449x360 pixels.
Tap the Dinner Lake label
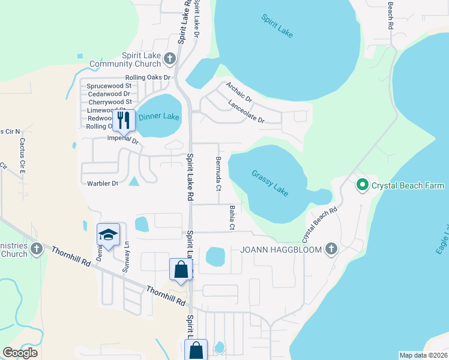[x=159, y=116]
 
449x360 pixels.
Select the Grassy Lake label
[x=270, y=182]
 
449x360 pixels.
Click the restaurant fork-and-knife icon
[x=124, y=120]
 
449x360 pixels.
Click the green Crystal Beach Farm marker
[x=362, y=185]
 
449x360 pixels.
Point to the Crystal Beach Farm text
[x=408, y=185]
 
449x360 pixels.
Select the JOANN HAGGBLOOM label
[x=282, y=249]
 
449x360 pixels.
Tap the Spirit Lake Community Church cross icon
[x=170, y=58]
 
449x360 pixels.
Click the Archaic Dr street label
[x=239, y=92]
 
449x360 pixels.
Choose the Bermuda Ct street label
[x=218, y=172]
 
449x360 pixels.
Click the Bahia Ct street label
[x=231, y=217]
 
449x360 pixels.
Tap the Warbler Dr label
[x=102, y=184]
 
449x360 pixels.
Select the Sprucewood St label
[x=109, y=86]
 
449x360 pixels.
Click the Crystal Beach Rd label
[x=320, y=221]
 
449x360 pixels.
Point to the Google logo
[x=20, y=352]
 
